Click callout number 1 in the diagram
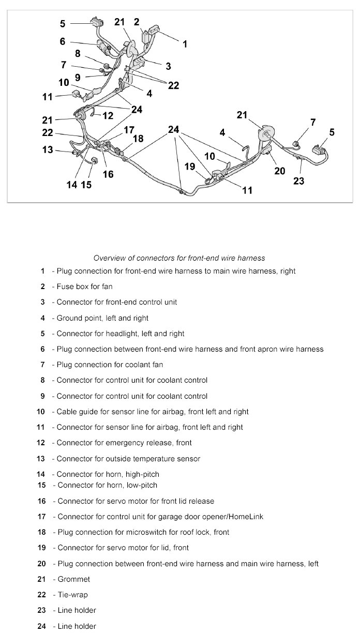(x=185, y=45)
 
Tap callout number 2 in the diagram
(x=137, y=22)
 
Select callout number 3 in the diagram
(x=168, y=66)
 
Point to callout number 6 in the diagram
(x=63, y=41)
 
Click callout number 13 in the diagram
(x=48, y=150)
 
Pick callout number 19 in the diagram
(x=190, y=167)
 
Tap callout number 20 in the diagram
(x=280, y=170)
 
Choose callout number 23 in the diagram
(x=299, y=180)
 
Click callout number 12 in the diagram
(x=108, y=116)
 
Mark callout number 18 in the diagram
(x=138, y=139)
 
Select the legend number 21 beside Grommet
(x=42, y=579)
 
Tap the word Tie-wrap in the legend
(x=73, y=595)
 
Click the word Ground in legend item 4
(x=69, y=318)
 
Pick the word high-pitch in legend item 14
(x=140, y=474)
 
